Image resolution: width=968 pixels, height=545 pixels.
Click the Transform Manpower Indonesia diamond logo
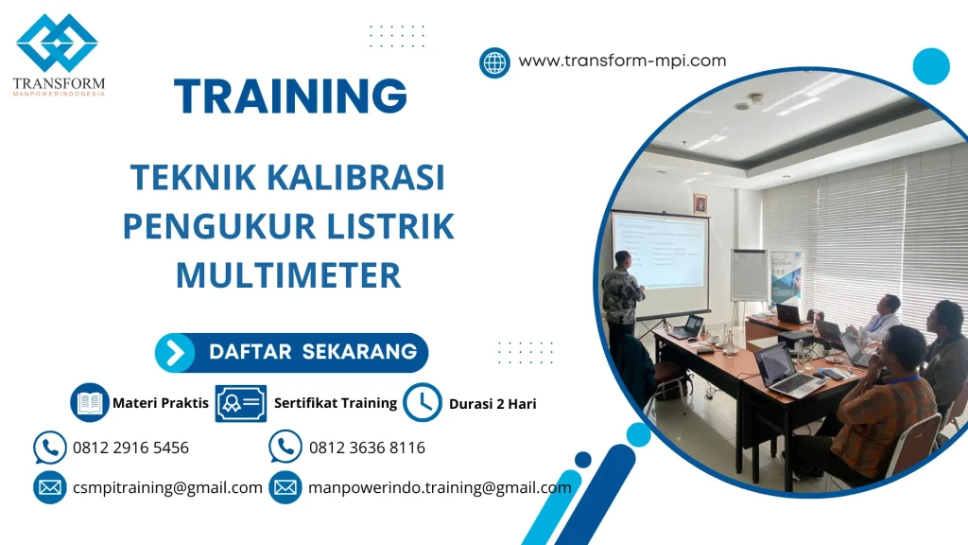(x=57, y=44)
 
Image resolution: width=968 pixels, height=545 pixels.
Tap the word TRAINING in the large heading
(x=291, y=97)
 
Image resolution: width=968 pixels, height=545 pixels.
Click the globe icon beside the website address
(x=494, y=62)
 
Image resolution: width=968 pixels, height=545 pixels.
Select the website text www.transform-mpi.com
(x=622, y=61)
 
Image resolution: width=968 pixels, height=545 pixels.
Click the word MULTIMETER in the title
(x=288, y=275)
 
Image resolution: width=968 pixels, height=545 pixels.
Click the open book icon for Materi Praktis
(x=90, y=403)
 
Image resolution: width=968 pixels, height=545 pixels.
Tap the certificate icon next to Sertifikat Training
(x=240, y=403)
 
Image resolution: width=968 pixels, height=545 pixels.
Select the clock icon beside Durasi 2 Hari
(x=422, y=403)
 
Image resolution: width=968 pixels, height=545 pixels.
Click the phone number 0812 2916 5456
(x=130, y=448)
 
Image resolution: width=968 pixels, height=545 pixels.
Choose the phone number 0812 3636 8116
(x=367, y=448)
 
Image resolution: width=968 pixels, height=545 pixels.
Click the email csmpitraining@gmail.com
(x=167, y=488)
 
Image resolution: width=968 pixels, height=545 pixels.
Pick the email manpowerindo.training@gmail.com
(x=440, y=488)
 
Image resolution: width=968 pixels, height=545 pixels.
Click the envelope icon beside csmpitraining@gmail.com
(x=49, y=488)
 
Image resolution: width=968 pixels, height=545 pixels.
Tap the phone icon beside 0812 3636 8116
(x=285, y=448)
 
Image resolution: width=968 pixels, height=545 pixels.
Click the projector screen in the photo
(x=658, y=250)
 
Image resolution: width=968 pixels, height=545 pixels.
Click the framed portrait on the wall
(x=700, y=203)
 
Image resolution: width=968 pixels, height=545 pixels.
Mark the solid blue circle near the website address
(x=930, y=66)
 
